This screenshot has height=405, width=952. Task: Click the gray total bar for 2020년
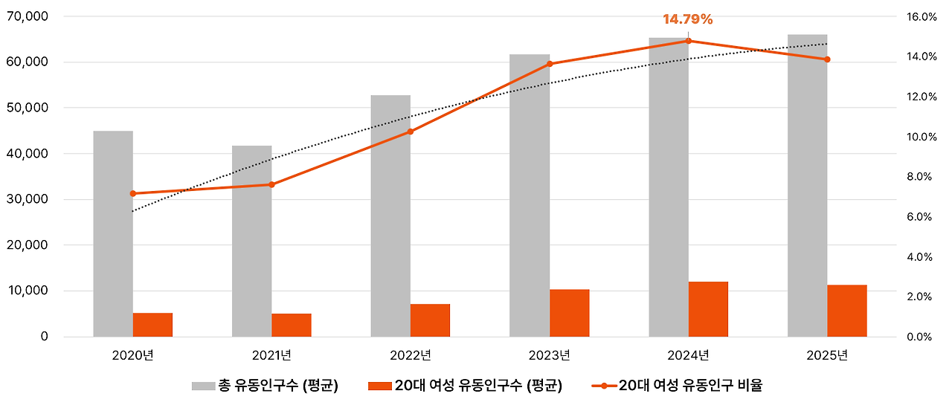(x=113, y=234)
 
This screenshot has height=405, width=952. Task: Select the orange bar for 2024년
(x=708, y=309)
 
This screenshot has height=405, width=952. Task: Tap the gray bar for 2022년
(x=390, y=216)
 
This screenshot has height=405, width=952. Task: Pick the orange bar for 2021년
(x=292, y=325)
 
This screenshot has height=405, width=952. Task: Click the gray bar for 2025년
(x=807, y=186)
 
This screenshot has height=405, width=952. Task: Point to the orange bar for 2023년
(x=569, y=313)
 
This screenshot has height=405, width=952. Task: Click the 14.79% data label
(x=687, y=19)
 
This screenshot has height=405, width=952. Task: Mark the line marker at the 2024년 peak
(x=688, y=41)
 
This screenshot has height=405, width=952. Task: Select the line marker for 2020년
(x=133, y=193)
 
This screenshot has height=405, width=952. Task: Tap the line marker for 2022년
(x=411, y=132)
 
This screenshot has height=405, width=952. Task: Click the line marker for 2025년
(x=827, y=59)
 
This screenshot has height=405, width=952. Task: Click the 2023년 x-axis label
(x=549, y=354)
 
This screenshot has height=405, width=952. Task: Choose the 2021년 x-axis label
(x=271, y=354)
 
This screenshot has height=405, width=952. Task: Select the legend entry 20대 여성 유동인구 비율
(x=691, y=386)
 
